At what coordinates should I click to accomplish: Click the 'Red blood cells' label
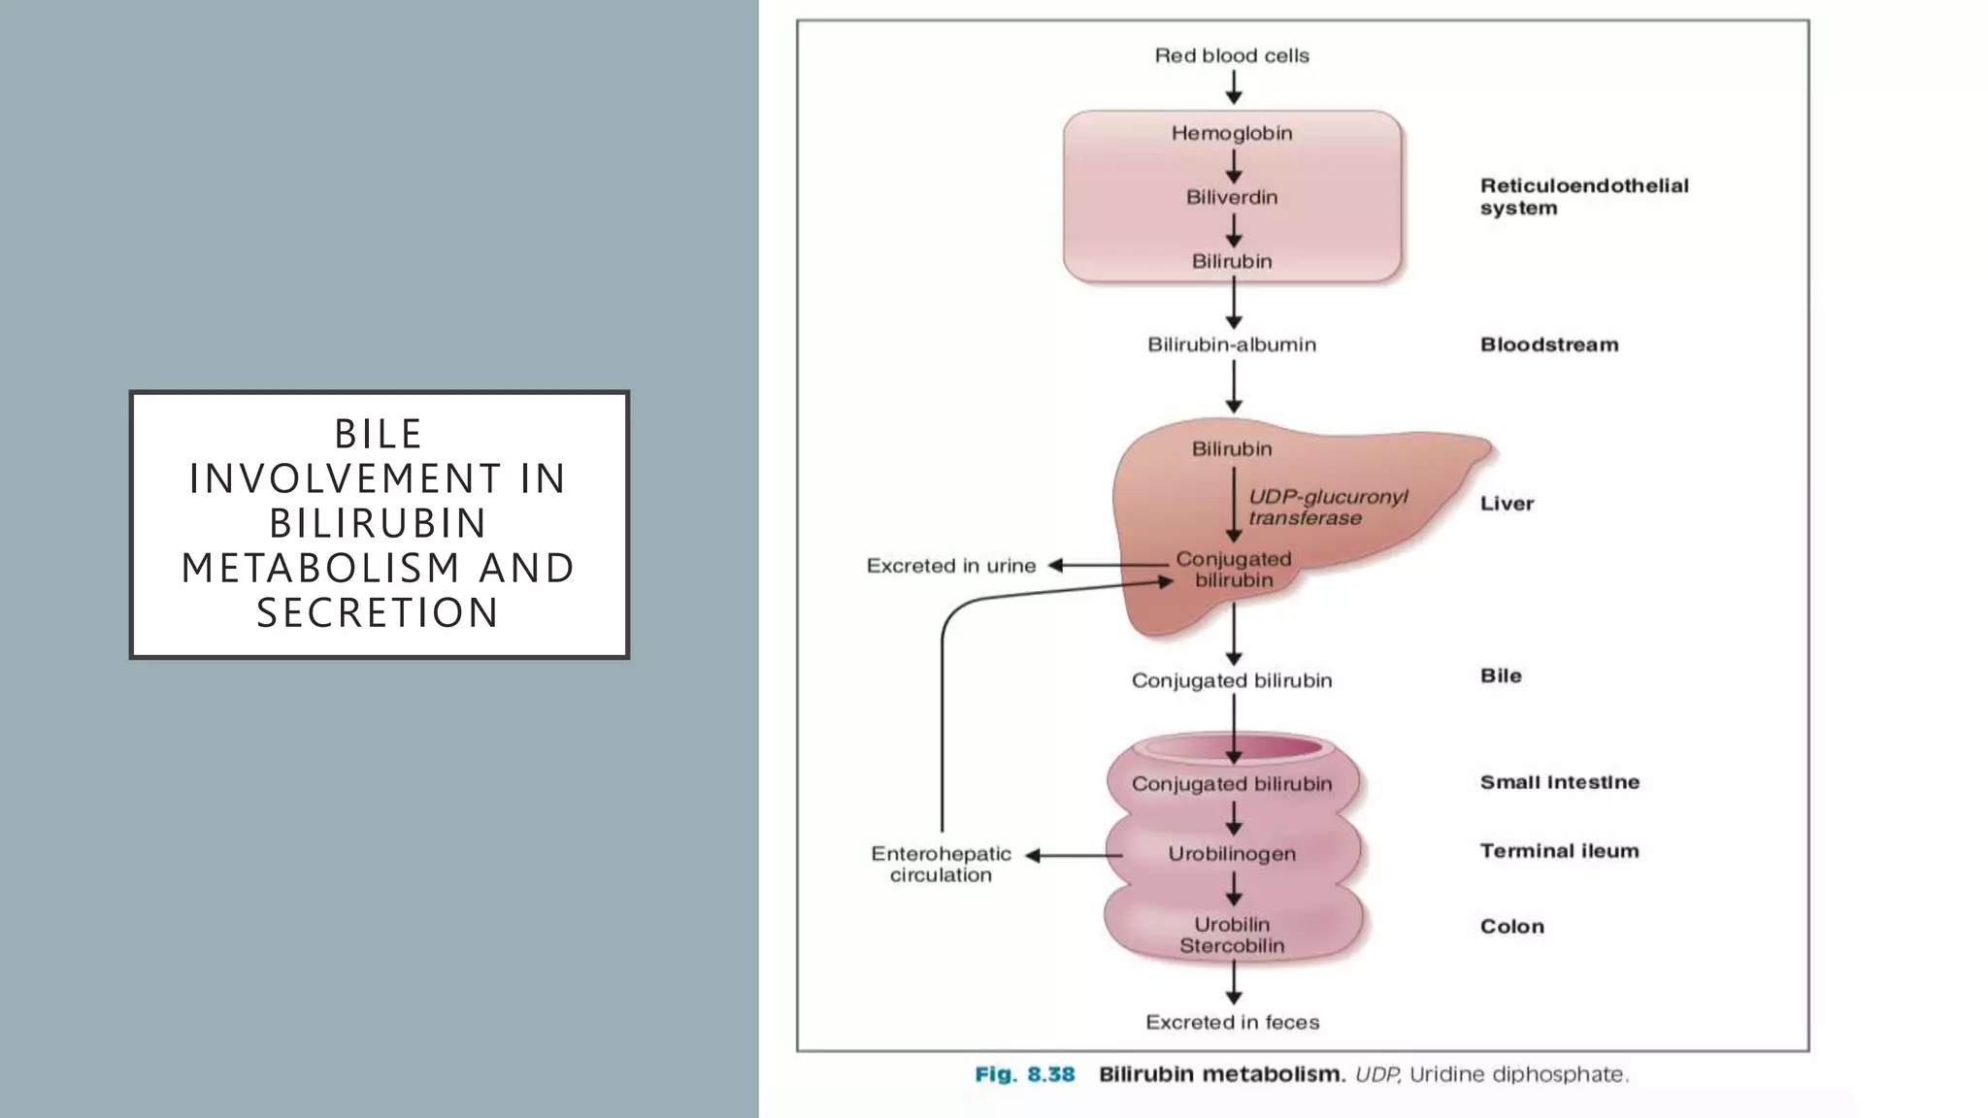[x=1232, y=56]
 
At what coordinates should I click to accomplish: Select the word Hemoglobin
[x=1232, y=133]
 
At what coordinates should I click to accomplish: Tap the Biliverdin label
[x=1232, y=197]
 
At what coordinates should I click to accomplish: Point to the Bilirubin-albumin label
[x=1232, y=345]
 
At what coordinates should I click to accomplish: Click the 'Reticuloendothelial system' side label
[x=1583, y=196]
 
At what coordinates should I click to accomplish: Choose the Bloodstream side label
[x=1548, y=345]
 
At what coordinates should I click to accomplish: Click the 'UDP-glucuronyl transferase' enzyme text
[x=1327, y=507]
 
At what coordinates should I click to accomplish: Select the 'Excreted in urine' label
[x=950, y=566]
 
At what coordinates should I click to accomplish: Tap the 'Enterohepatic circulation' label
[x=941, y=864]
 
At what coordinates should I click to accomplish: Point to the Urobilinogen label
[x=1232, y=854]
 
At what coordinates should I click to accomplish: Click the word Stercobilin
[x=1232, y=945]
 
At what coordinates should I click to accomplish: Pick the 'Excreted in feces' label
[x=1232, y=1022]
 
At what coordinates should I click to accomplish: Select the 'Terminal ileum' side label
[x=1559, y=851]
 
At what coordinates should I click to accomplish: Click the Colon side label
[x=1511, y=926]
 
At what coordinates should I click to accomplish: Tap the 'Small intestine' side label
[x=1559, y=782]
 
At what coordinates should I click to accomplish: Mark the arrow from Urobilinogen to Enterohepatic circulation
[x=1074, y=855]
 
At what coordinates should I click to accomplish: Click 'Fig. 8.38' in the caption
[x=1024, y=1074]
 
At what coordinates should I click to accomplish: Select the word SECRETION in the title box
[x=379, y=612]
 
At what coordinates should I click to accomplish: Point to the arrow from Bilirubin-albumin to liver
[x=1233, y=386]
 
